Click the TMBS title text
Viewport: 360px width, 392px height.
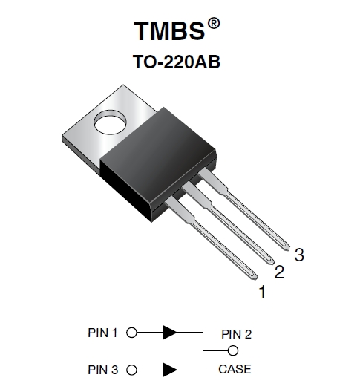(x=169, y=30)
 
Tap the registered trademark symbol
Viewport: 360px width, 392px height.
(x=214, y=24)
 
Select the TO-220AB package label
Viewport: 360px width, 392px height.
(x=176, y=62)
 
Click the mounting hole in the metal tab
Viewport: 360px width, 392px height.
(x=110, y=122)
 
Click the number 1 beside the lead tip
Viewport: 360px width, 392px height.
(x=262, y=292)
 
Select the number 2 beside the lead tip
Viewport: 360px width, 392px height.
(x=279, y=272)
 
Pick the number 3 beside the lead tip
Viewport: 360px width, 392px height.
(x=299, y=255)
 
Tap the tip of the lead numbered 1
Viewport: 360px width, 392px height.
(x=257, y=278)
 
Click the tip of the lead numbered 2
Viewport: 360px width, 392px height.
(x=272, y=262)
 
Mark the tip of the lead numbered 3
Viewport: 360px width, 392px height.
(x=288, y=248)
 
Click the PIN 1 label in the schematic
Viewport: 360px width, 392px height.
(x=102, y=333)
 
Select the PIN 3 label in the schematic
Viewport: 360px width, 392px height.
(x=102, y=370)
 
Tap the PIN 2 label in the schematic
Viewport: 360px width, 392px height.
(x=236, y=334)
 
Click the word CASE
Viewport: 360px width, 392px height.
(x=235, y=369)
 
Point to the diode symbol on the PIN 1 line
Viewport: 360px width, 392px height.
(x=170, y=333)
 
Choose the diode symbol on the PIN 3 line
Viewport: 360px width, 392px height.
(x=170, y=370)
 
